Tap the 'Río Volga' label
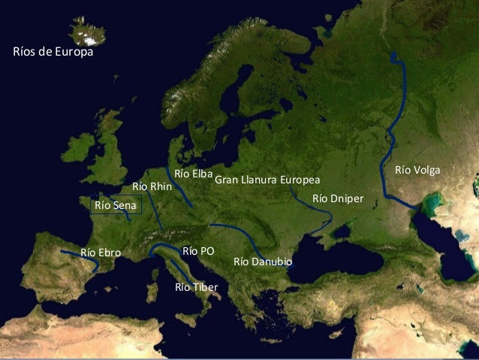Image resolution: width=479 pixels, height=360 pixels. [x=417, y=171]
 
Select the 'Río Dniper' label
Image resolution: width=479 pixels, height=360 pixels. [x=337, y=198]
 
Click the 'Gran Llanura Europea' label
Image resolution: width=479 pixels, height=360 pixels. [x=267, y=180]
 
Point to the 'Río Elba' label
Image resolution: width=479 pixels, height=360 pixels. [x=194, y=174]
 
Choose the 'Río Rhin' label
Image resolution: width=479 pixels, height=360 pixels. [x=152, y=186]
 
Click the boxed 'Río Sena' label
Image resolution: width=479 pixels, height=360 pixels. [x=116, y=204]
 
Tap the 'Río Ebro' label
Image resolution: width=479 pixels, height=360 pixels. [x=100, y=253]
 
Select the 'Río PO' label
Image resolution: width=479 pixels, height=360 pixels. [x=198, y=250]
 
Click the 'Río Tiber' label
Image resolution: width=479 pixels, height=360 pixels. [x=196, y=287]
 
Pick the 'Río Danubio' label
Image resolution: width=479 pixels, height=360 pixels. [x=263, y=262]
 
